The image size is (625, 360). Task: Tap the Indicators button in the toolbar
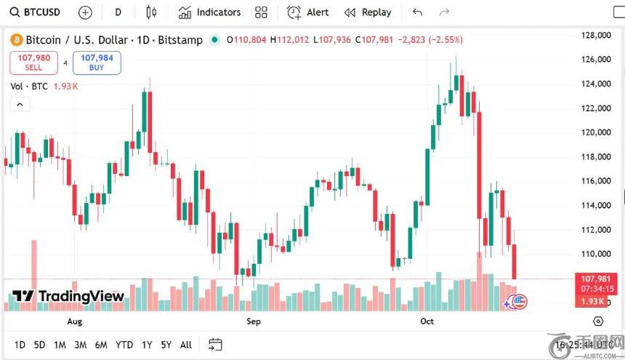209,12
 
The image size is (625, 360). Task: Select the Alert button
308,12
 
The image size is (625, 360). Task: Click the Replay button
368,12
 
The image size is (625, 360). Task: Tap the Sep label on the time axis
253,321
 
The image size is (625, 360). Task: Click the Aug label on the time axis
74,321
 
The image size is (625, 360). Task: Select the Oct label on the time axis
427,321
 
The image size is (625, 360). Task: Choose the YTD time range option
124,345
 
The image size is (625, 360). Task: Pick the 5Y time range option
166,345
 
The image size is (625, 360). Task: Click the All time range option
186,345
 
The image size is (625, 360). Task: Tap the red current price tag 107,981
594,279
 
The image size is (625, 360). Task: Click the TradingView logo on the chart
68,296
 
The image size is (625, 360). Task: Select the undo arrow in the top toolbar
417,12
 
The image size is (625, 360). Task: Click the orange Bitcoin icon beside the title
17,40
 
